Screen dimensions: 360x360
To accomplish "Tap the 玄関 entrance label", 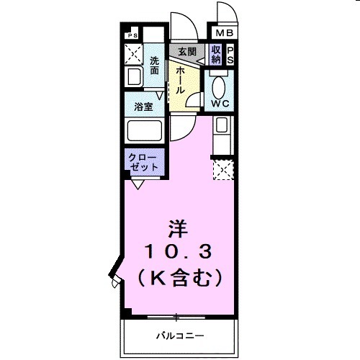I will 187,51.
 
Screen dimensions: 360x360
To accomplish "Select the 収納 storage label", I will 216,55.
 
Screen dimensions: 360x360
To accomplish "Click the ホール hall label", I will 179,80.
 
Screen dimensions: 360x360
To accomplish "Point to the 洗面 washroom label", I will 154,66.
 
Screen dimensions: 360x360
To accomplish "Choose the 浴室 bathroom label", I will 144,107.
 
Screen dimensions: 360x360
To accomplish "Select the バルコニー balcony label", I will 180,336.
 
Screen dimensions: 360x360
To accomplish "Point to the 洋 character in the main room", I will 178,230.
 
